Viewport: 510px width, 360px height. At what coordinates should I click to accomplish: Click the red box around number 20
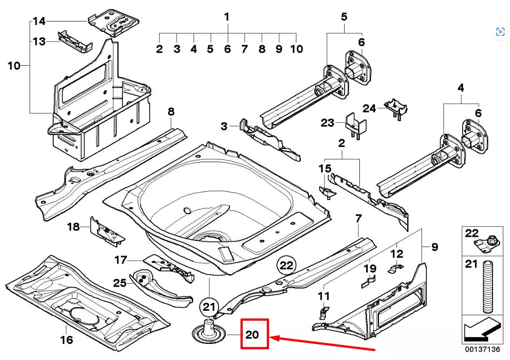254,334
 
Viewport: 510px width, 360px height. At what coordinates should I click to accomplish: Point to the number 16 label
67,340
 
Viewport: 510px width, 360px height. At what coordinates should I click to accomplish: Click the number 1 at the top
227,17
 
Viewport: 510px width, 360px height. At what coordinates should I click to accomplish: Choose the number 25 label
119,282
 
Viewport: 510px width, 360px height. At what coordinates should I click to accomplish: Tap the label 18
73,227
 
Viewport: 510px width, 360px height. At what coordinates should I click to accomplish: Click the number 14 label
39,21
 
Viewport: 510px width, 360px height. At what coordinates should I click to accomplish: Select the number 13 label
39,42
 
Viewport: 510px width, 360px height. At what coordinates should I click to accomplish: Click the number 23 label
327,122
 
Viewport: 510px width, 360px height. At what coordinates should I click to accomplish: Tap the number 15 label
325,168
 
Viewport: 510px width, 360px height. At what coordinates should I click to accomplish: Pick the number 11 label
324,296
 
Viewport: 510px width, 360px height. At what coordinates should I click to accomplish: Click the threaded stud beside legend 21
487,287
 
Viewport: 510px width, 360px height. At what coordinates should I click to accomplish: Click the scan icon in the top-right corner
500,31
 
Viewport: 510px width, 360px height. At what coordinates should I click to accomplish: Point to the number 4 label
461,88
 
